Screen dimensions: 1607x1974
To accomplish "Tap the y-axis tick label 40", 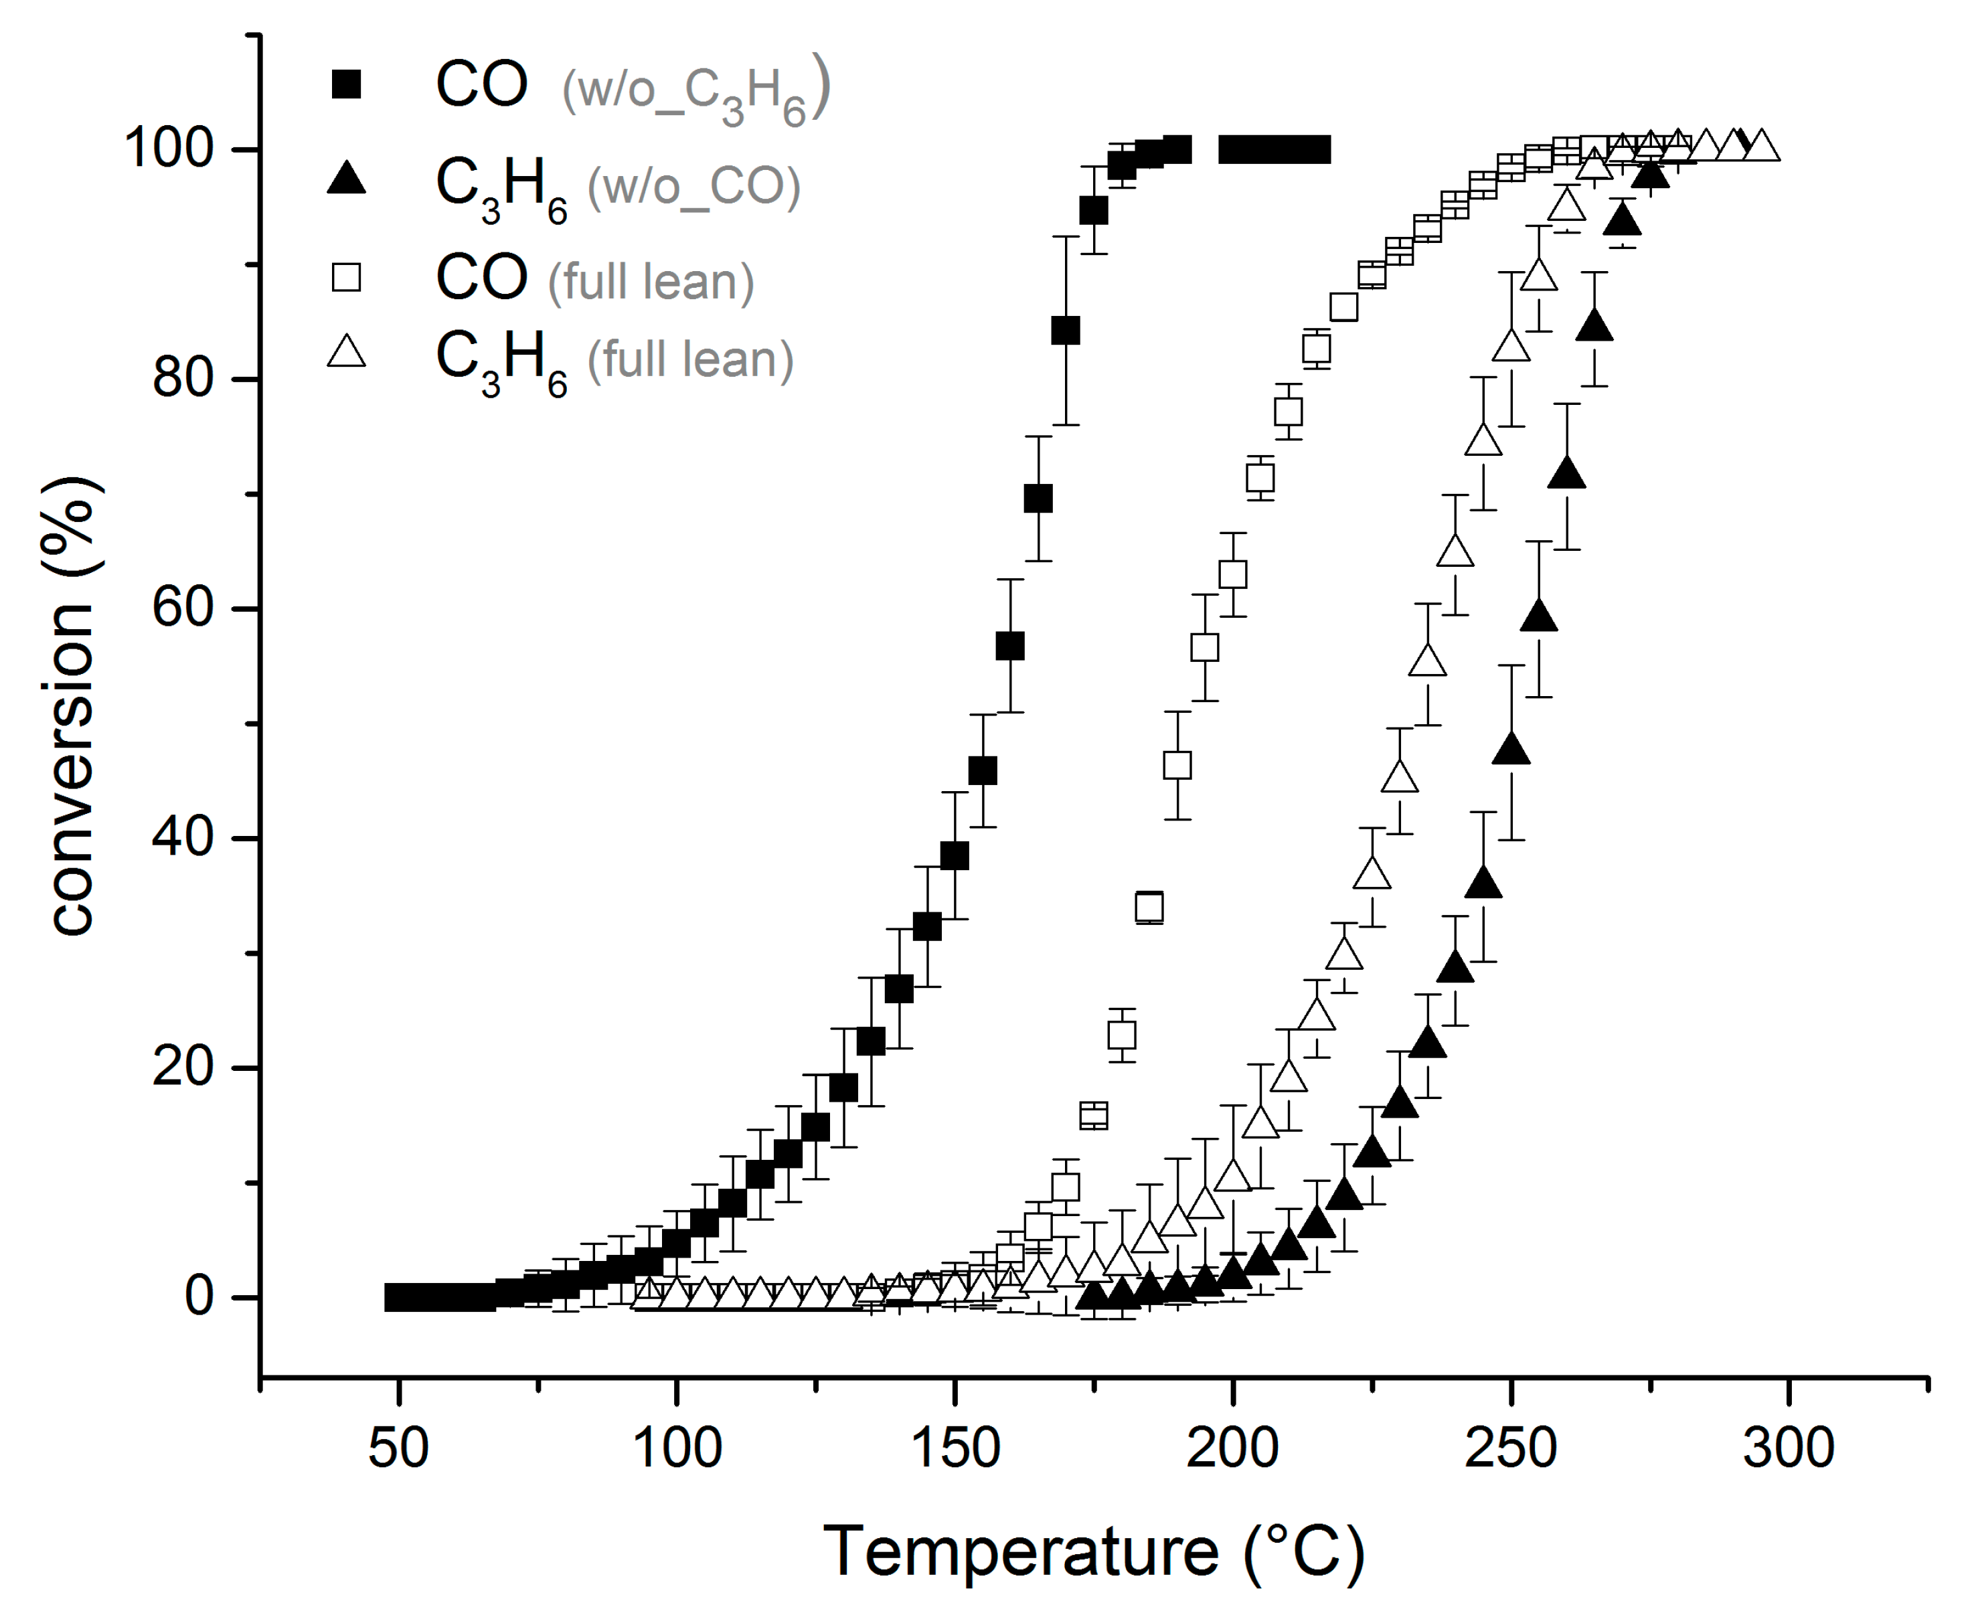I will click(183, 838).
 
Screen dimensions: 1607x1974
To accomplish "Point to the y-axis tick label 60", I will click(183, 608).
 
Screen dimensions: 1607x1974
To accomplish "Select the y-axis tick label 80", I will click(183, 379).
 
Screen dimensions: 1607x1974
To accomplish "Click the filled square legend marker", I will click(346, 85).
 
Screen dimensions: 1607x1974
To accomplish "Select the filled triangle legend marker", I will click(346, 179).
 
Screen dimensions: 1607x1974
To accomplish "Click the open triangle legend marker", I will click(346, 353).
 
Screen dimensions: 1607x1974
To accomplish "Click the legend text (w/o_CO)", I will click(693, 186).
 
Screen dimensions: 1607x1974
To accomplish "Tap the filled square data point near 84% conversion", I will click(1066, 331).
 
